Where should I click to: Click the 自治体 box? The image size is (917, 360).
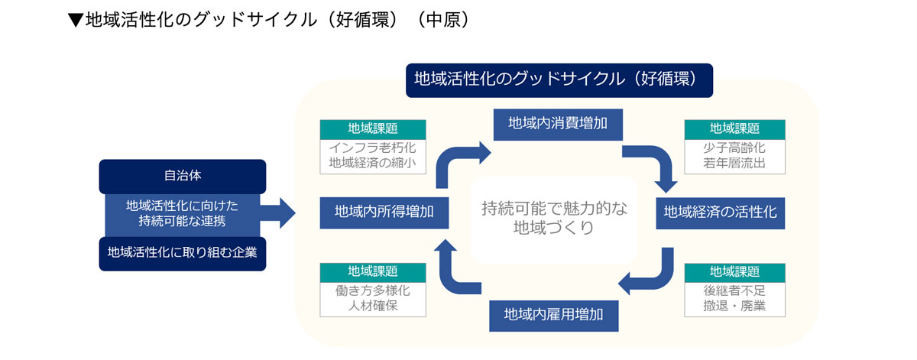click(x=183, y=176)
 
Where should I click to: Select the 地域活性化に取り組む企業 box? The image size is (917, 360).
click(x=183, y=253)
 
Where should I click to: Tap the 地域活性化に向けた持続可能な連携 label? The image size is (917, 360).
click(x=183, y=214)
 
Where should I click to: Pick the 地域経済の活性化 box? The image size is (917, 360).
click(x=720, y=212)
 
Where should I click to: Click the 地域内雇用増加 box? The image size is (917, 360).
click(x=555, y=314)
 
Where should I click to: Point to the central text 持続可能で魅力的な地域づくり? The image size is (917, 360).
click(x=554, y=218)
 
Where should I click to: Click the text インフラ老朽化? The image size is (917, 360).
click(x=373, y=147)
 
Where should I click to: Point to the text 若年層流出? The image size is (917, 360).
click(x=734, y=164)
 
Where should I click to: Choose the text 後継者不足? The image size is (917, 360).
click(x=734, y=291)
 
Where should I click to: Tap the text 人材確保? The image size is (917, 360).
click(x=373, y=307)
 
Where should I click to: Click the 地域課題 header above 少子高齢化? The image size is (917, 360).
click(x=734, y=128)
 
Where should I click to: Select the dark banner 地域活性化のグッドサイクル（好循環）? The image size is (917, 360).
click(x=559, y=79)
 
